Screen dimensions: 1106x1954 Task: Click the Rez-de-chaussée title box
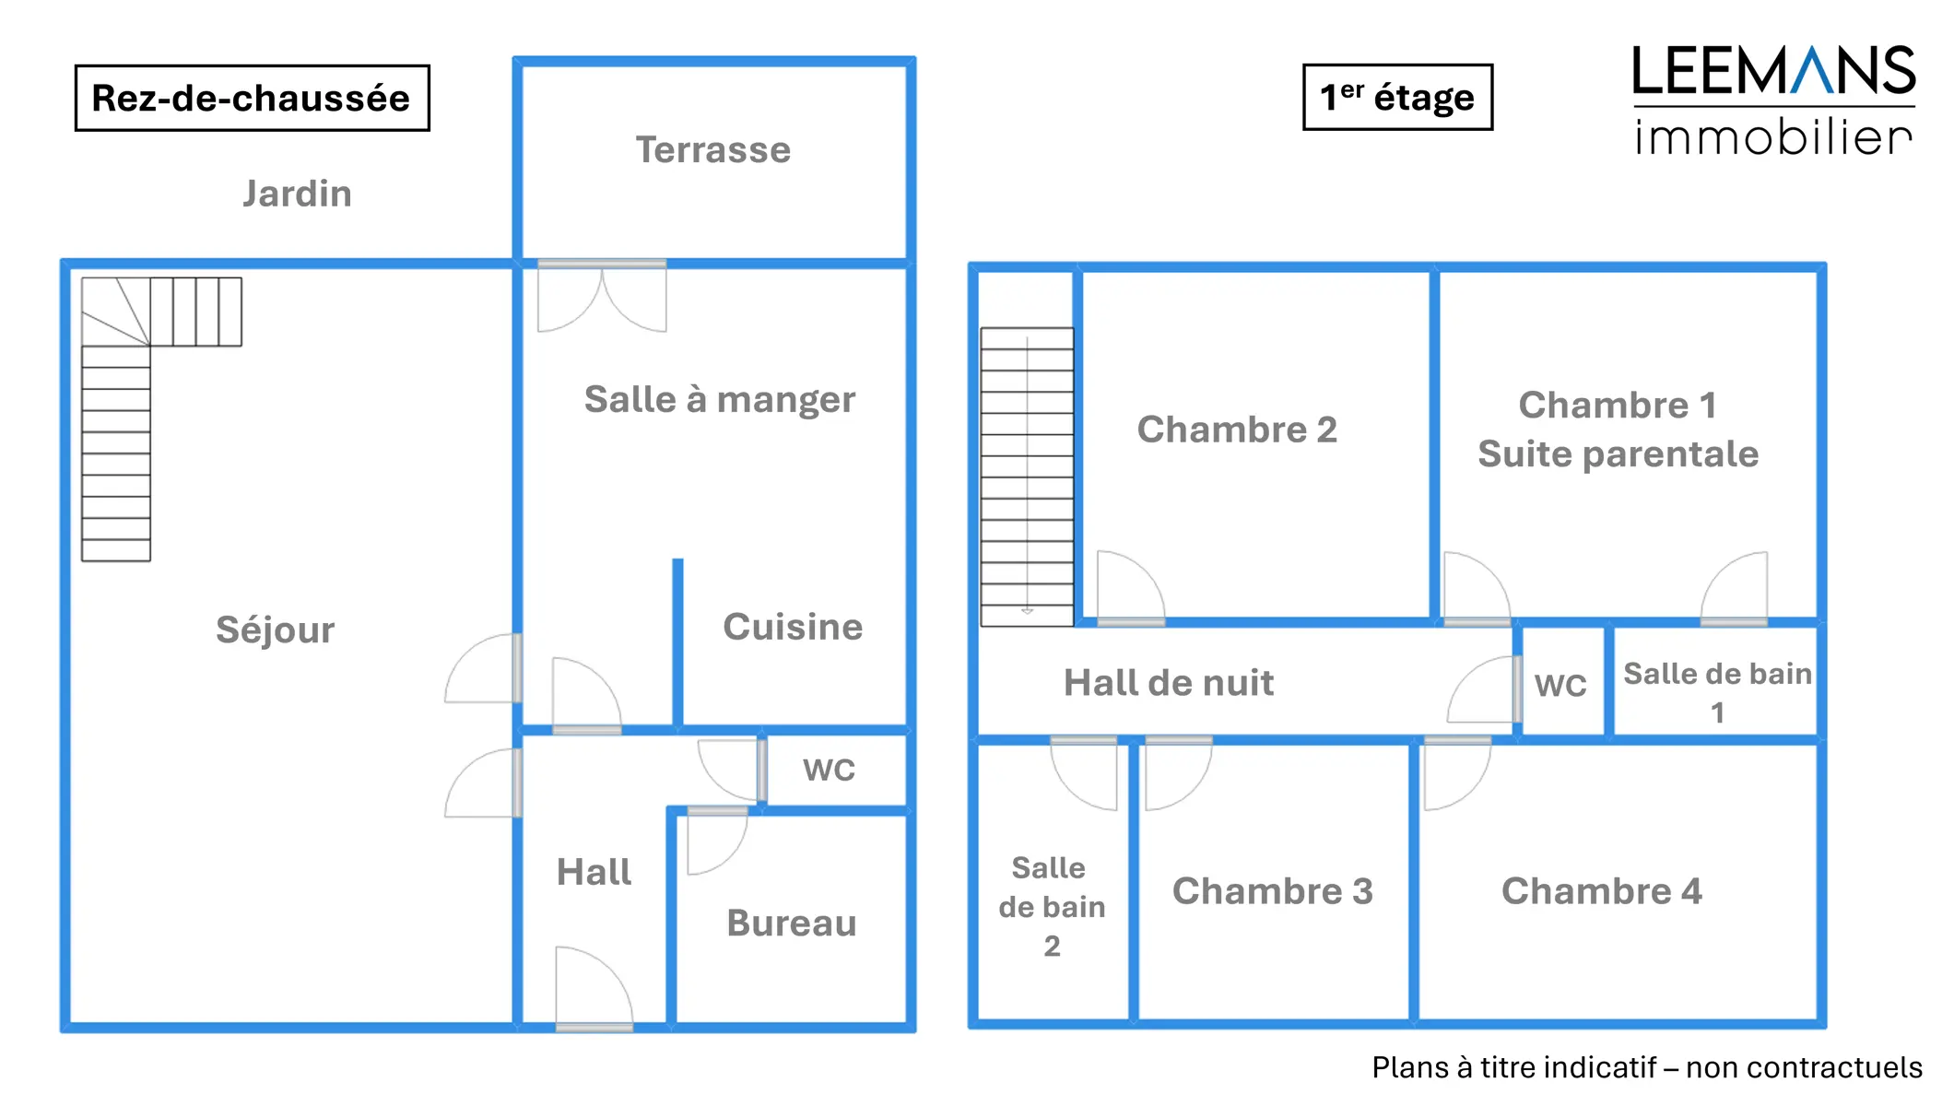(x=252, y=98)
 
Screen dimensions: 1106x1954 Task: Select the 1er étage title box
(x=1396, y=97)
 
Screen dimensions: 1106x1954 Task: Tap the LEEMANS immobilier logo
(x=1773, y=100)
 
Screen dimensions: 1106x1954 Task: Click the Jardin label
(x=297, y=194)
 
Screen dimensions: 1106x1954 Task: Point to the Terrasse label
(x=712, y=149)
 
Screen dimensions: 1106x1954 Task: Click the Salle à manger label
(x=719, y=399)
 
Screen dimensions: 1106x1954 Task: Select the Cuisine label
(x=793, y=627)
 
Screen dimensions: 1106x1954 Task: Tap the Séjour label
(x=275, y=629)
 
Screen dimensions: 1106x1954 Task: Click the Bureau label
(x=791, y=923)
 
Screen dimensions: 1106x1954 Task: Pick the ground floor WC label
(x=829, y=770)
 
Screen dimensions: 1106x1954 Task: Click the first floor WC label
(x=1560, y=686)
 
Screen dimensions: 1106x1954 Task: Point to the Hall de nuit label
(x=1169, y=683)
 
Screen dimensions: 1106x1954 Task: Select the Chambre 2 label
(x=1237, y=429)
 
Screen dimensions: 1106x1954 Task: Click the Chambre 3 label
(x=1272, y=891)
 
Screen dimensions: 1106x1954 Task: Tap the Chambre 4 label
(x=1601, y=891)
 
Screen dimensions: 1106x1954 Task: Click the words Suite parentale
(x=1618, y=454)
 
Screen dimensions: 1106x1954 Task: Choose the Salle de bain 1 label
(x=1717, y=692)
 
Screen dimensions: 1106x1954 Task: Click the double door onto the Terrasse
(x=602, y=295)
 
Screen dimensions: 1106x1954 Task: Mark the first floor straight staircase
(x=1027, y=477)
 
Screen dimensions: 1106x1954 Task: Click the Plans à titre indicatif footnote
(x=1646, y=1067)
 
